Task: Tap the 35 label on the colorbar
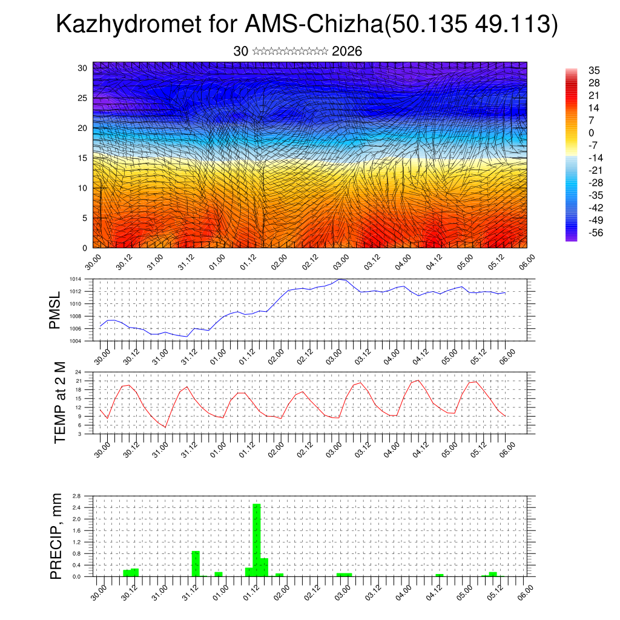tap(593, 70)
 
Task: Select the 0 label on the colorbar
tap(591, 133)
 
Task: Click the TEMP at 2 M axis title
tap(59, 402)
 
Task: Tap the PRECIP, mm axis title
tap(56, 535)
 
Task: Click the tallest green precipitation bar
tap(257, 539)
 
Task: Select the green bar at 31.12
tap(196, 563)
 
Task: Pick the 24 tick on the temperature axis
tap(77, 372)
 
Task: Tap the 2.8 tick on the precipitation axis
tap(76, 496)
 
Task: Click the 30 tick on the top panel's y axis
tap(82, 68)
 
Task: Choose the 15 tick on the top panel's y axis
tap(82, 158)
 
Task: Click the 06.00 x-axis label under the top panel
tap(526, 262)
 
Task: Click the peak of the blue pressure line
tap(341, 279)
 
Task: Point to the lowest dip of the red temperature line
tap(165, 427)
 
